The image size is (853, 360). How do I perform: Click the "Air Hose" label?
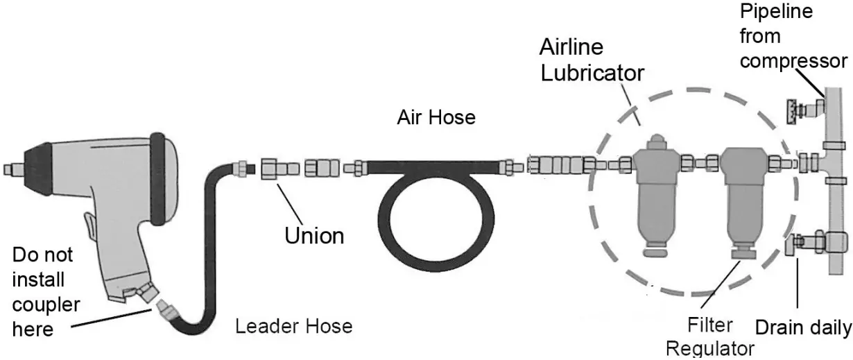[x=436, y=117]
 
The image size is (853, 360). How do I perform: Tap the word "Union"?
[x=314, y=235]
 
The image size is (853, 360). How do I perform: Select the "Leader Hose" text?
[x=294, y=325]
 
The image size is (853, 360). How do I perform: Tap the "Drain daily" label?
[x=802, y=327]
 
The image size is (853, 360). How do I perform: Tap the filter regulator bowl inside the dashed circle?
[x=743, y=201]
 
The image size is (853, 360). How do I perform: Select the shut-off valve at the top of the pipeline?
[x=804, y=109]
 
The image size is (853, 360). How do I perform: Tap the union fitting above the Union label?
[x=270, y=168]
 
